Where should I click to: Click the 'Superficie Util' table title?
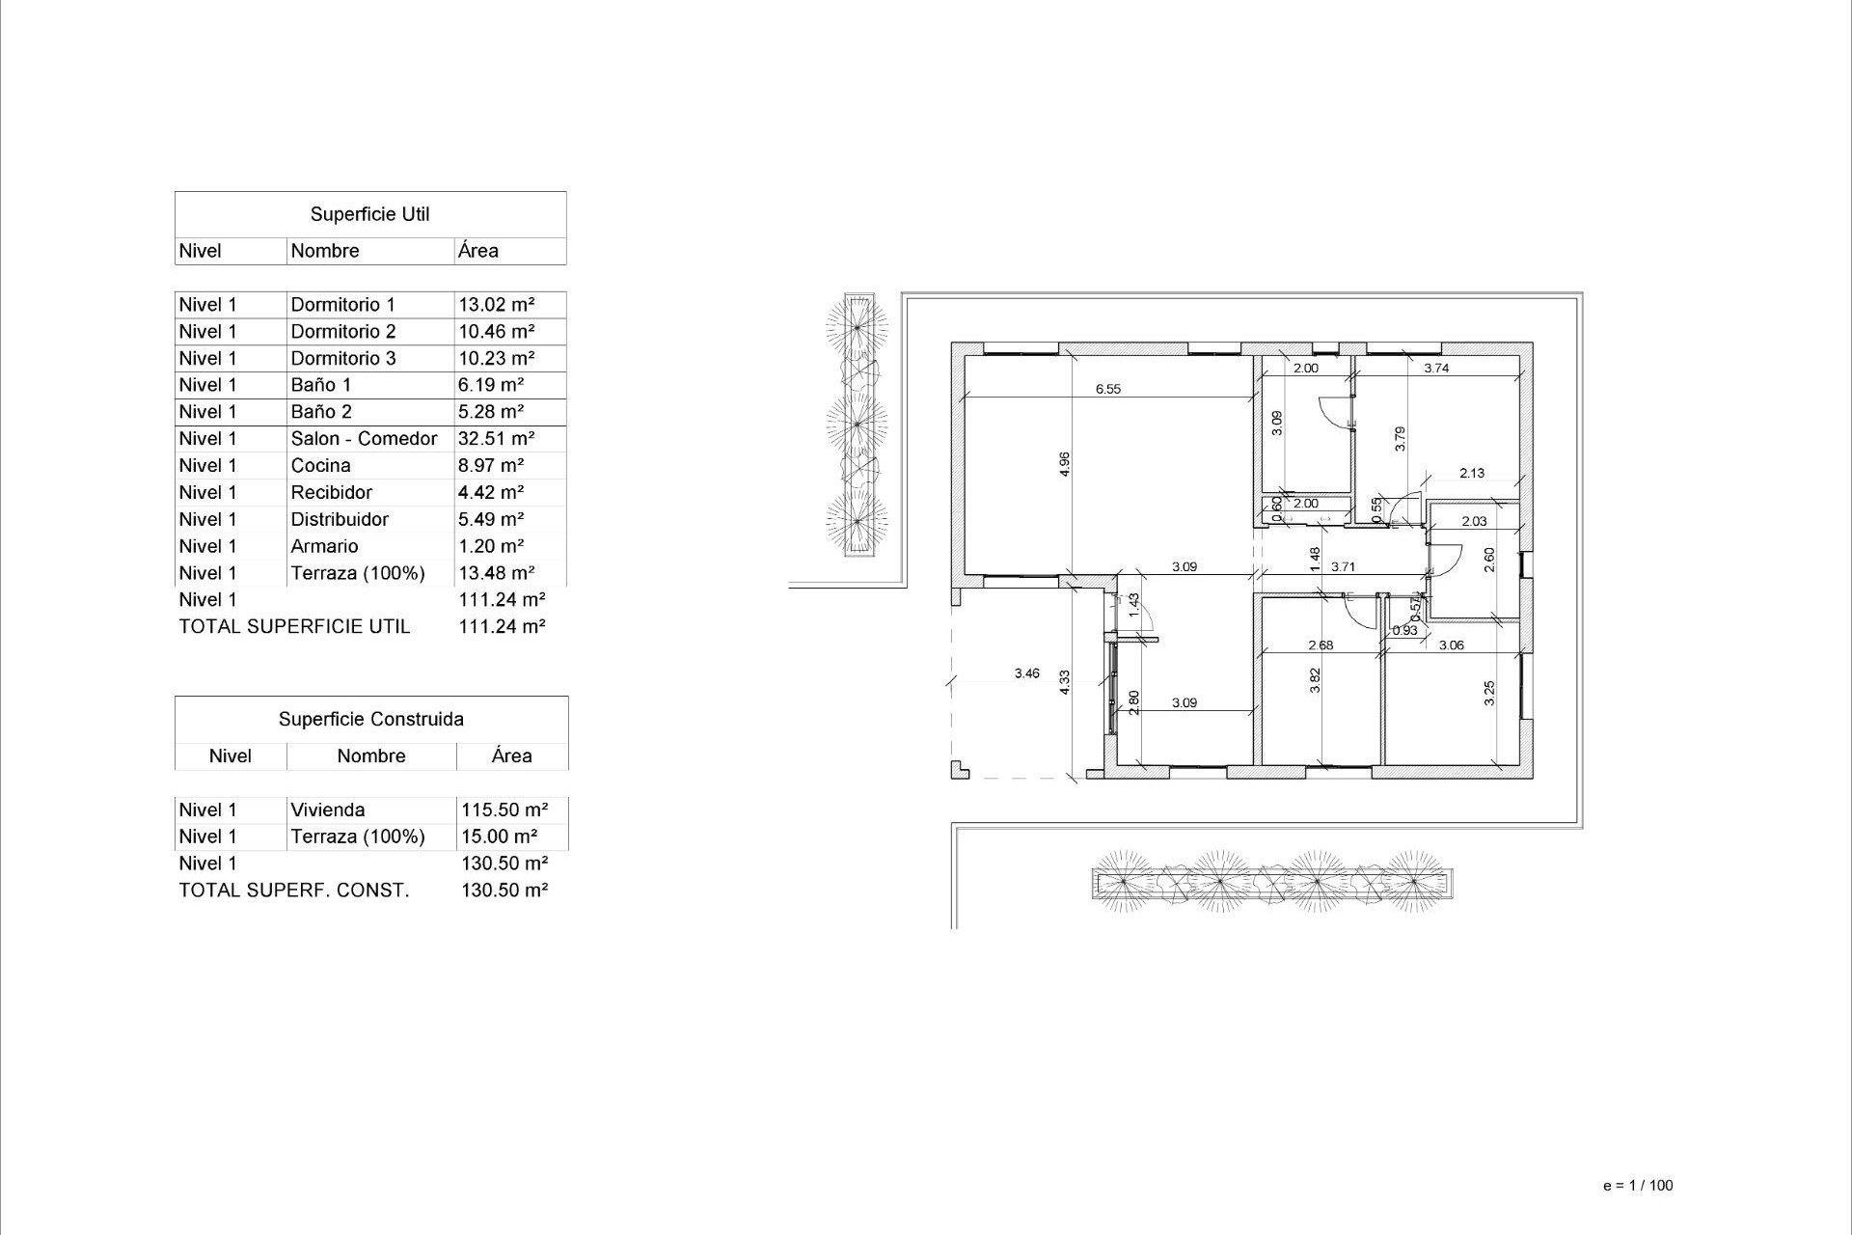369,214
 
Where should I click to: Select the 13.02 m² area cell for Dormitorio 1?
496,305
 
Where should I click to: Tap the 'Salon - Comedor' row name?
364,439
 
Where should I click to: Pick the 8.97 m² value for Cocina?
490,466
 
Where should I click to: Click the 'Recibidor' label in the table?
331,493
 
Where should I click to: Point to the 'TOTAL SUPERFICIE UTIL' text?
294,627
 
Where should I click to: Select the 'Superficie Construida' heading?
370,720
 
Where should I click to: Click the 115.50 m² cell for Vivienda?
504,810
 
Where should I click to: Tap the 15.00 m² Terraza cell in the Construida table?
499,837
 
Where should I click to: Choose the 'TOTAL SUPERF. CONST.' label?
293,891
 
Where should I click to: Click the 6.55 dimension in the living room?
1107,390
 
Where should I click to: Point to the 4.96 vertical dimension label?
1065,464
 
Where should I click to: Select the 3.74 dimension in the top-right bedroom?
1436,368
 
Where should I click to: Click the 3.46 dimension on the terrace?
1026,673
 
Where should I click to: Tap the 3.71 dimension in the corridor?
1343,567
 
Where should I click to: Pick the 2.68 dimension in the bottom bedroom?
1320,645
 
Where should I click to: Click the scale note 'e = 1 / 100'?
1637,1186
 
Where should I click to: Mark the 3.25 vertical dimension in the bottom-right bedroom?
1489,693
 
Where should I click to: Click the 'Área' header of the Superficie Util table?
477,251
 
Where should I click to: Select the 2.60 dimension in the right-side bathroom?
1489,560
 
